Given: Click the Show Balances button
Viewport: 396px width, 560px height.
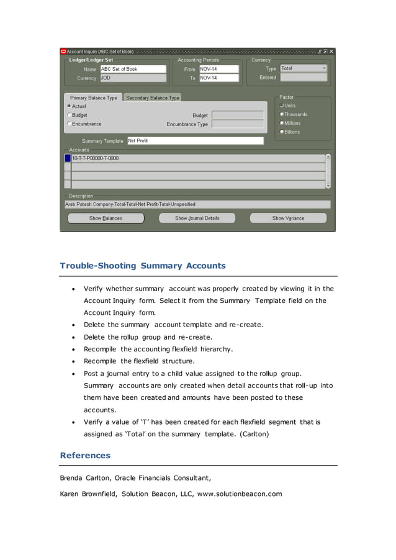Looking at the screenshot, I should tap(106, 219).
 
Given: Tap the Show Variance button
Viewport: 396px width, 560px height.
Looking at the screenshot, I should tap(288, 219).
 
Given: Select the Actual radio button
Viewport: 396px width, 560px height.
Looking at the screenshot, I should tap(69, 107).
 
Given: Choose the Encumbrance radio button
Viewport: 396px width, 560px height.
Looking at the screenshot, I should tap(69, 124).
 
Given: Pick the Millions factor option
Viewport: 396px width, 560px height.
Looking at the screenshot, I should tap(282, 123).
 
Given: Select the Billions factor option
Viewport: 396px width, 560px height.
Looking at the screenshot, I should tap(282, 132).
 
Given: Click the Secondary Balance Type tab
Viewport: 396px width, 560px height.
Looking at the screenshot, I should tap(153, 98).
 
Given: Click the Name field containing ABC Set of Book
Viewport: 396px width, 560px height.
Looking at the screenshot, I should tap(133, 69).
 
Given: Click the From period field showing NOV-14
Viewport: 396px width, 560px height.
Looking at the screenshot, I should tap(218, 69).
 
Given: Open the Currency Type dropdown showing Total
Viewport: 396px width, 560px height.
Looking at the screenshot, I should tap(303, 68).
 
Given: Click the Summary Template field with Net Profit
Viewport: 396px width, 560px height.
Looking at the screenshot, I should tap(195, 141).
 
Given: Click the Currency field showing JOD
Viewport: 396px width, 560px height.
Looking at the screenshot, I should tap(133, 78).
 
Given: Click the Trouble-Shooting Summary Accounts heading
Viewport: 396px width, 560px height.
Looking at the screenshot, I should tap(143, 266).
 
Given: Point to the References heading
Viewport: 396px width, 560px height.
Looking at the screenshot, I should tap(85, 455).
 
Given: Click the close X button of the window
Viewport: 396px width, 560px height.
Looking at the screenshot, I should tap(331, 52).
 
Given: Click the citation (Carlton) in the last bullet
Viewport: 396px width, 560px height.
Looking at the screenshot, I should tap(254, 434).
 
